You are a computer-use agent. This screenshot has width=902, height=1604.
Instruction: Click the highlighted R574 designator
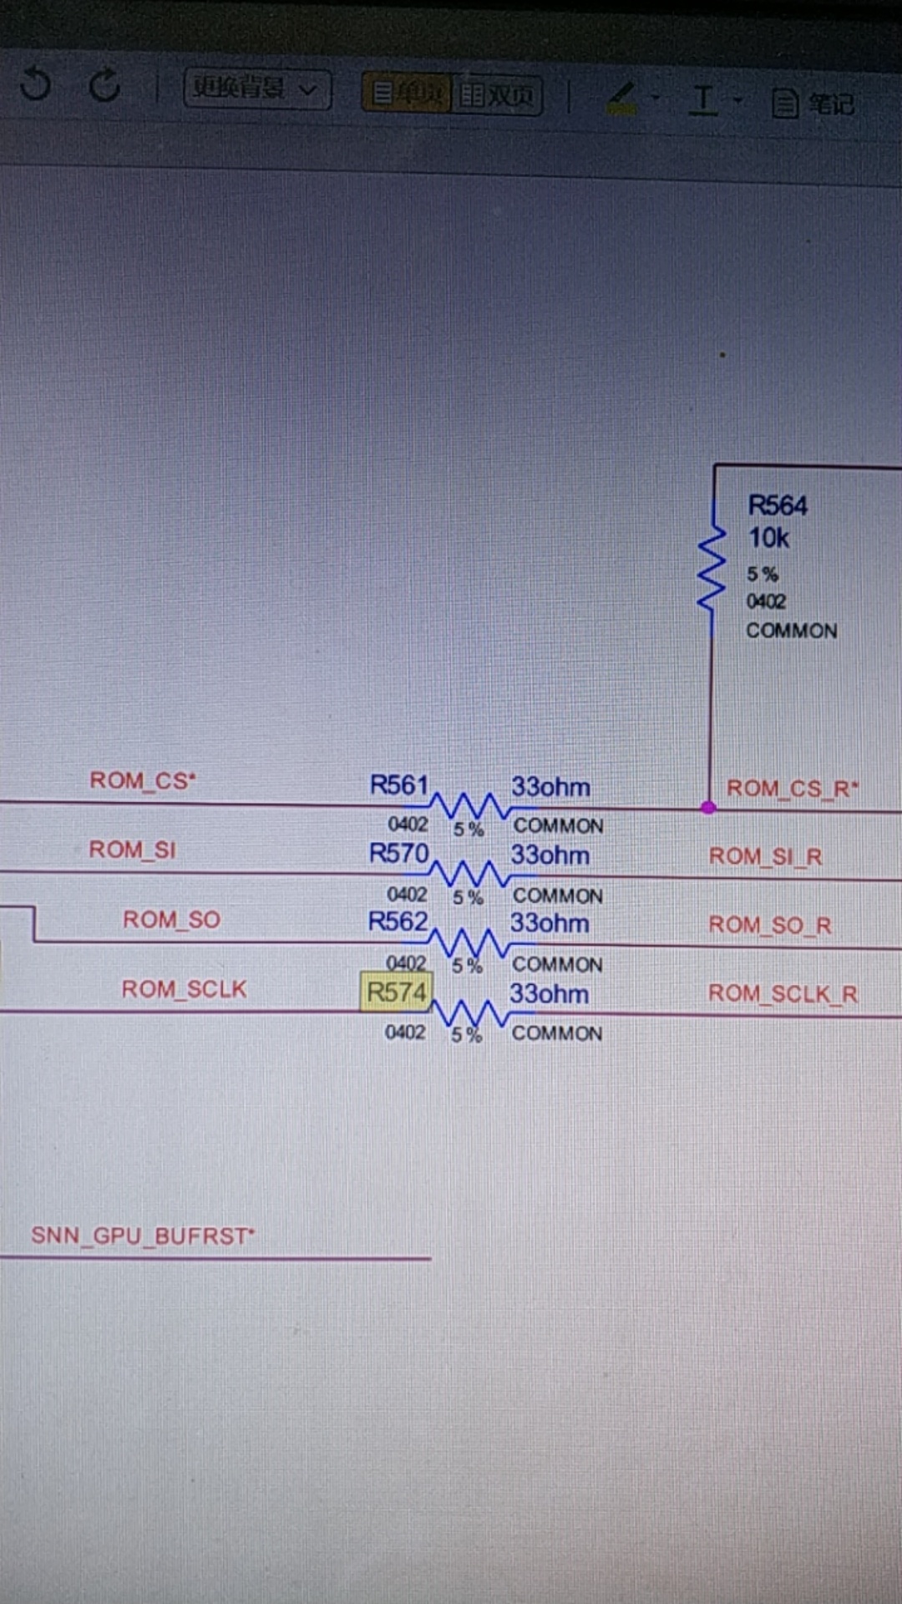click(x=397, y=992)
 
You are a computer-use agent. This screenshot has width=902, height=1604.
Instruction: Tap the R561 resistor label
click(x=399, y=785)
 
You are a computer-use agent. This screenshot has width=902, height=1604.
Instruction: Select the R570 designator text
click(x=398, y=853)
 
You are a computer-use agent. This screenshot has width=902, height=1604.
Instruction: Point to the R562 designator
click(x=398, y=921)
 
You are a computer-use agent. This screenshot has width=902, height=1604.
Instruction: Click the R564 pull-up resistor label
click(x=777, y=505)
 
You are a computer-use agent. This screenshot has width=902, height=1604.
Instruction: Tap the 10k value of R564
click(x=768, y=538)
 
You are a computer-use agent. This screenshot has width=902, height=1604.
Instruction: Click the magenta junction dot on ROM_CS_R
click(x=708, y=807)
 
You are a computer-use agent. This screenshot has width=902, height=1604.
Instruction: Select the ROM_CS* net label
click(x=142, y=781)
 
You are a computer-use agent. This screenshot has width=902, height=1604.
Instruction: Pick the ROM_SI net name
click(x=132, y=850)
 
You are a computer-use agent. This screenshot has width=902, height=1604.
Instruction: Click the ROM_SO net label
click(x=171, y=920)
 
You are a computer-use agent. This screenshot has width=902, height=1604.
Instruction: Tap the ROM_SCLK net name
click(x=184, y=989)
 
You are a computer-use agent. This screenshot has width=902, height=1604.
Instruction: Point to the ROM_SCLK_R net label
click(x=783, y=993)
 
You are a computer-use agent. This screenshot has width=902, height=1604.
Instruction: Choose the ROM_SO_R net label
click(x=769, y=925)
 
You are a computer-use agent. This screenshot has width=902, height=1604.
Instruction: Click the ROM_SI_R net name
click(x=765, y=856)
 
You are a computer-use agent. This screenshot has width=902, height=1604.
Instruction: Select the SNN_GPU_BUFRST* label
click(x=142, y=1236)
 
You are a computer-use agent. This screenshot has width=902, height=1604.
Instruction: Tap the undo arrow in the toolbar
click(x=36, y=84)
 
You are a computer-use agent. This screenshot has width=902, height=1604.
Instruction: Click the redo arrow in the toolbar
click(x=104, y=84)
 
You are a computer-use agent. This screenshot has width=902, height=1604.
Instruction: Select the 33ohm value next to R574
click(x=549, y=993)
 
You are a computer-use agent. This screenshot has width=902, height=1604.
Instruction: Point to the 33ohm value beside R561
click(x=550, y=787)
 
